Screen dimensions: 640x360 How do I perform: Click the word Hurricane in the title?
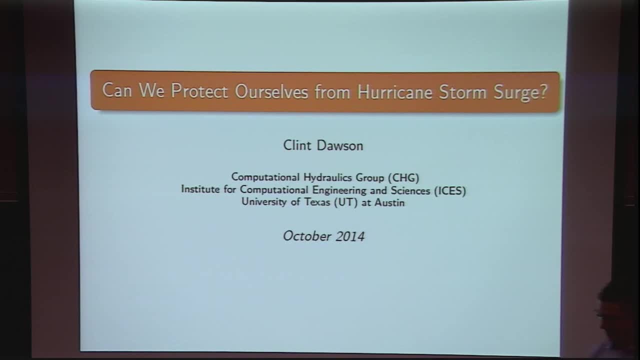tap(394, 92)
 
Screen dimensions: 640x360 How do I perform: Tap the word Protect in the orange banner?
tap(199, 91)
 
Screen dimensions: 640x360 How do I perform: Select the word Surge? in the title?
tap(520, 93)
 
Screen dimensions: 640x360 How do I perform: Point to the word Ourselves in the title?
tap(271, 91)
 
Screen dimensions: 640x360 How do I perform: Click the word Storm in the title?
tap(462, 92)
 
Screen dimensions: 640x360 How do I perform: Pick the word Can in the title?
tap(117, 90)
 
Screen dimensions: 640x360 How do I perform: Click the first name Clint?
tap(297, 145)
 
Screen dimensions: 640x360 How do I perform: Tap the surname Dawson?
tap(340, 145)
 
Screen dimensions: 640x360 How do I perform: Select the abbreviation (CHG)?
tap(403, 177)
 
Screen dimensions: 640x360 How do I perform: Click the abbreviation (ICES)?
tap(450, 190)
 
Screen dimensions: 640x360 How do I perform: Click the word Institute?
tap(200, 189)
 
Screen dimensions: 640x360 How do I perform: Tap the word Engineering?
tap(339, 190)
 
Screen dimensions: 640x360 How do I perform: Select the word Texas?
tap(317, 201)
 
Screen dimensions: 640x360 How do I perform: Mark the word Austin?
tap(389, 202)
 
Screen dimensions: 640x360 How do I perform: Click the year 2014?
tap(350, 236)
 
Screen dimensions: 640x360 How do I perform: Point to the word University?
tap(264, 201)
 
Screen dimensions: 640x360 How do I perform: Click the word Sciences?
tap(410, 190)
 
